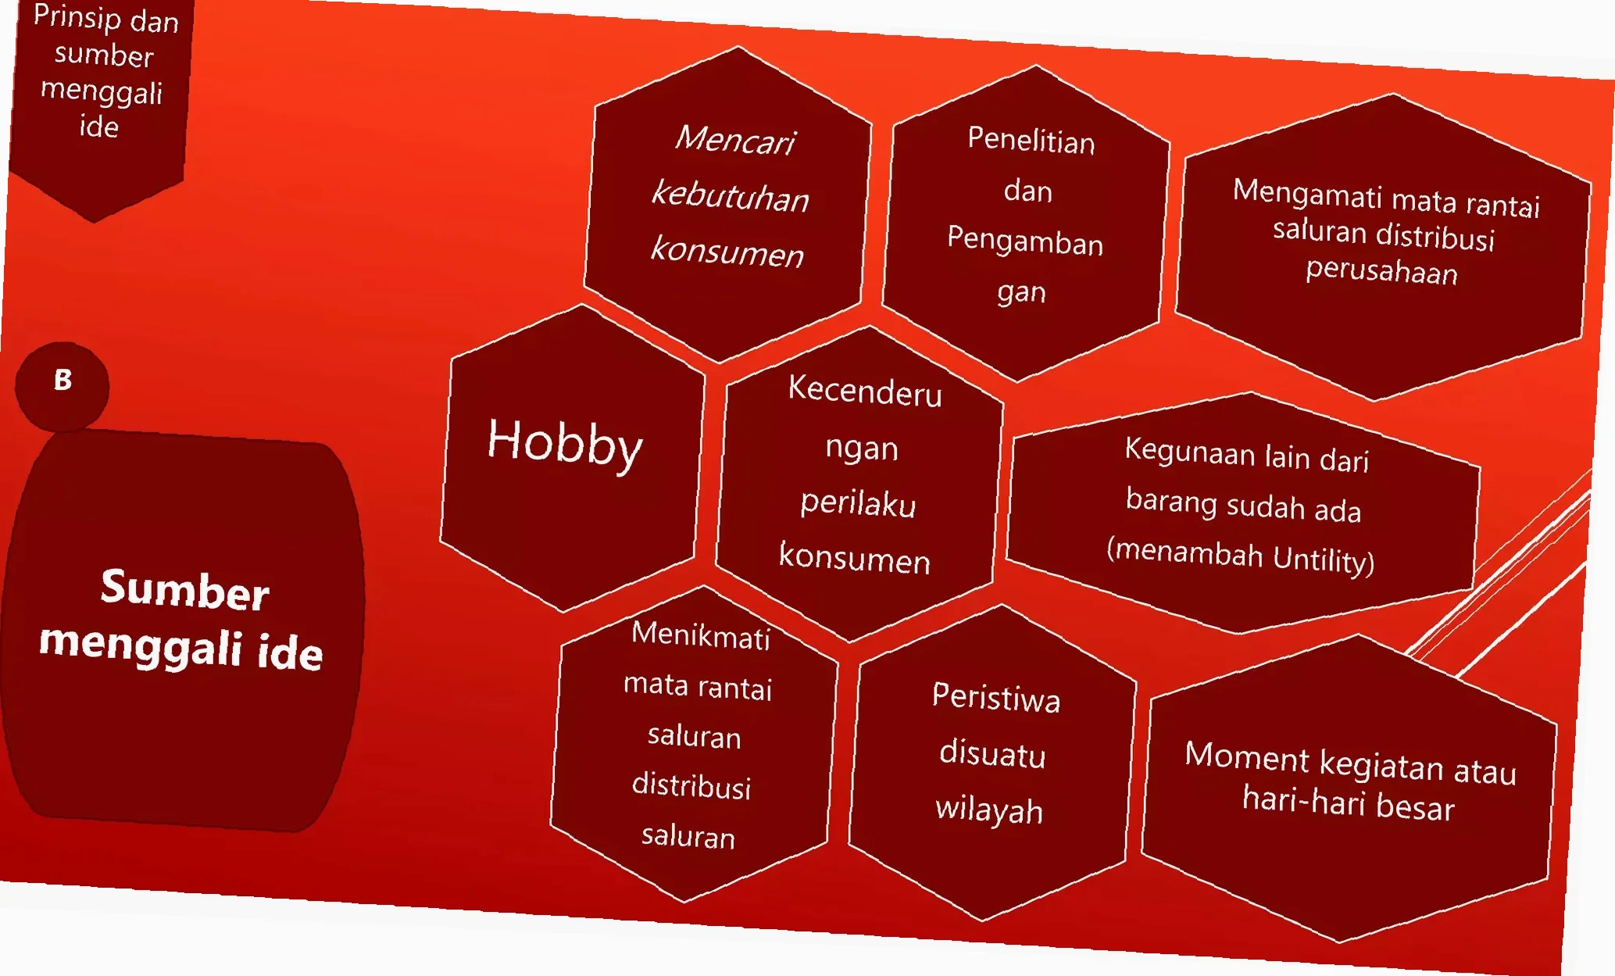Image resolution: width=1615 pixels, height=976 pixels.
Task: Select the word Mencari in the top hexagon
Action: pyautogui.click(x=735, y=140)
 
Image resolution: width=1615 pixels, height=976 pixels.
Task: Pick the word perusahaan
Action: pyautogui.click(x=1381, y=270)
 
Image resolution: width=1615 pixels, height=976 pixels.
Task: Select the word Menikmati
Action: pyautogui.click(x=700, y=635)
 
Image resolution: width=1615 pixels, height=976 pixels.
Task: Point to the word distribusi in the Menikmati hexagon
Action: pyautogui.click(x=691, y=785)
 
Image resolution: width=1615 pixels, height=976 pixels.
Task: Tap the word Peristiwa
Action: pyautogui.click(x=996, y=697)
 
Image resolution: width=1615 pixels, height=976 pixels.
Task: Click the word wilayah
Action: pyautogui.click(x=989, y=810)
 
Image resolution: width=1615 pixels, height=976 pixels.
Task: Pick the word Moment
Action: pyautogui.click(x=1246, y=756)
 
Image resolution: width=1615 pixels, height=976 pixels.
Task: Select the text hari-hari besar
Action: pyautogui.click(x=1349, y=803)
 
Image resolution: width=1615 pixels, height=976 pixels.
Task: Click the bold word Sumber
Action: pyautogui.click(x=185, y=589)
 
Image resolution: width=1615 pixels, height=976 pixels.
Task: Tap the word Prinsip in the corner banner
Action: pyautogui.click(x=75, y=16)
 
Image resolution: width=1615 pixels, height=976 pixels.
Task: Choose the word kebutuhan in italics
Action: pyautogui.click(x=731, y=195)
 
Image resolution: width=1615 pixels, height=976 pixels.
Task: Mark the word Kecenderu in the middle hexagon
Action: pyautogui.click(x=865, y=390)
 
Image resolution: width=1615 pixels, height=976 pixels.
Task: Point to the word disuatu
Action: pyautogui.click(x=992, y=753)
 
